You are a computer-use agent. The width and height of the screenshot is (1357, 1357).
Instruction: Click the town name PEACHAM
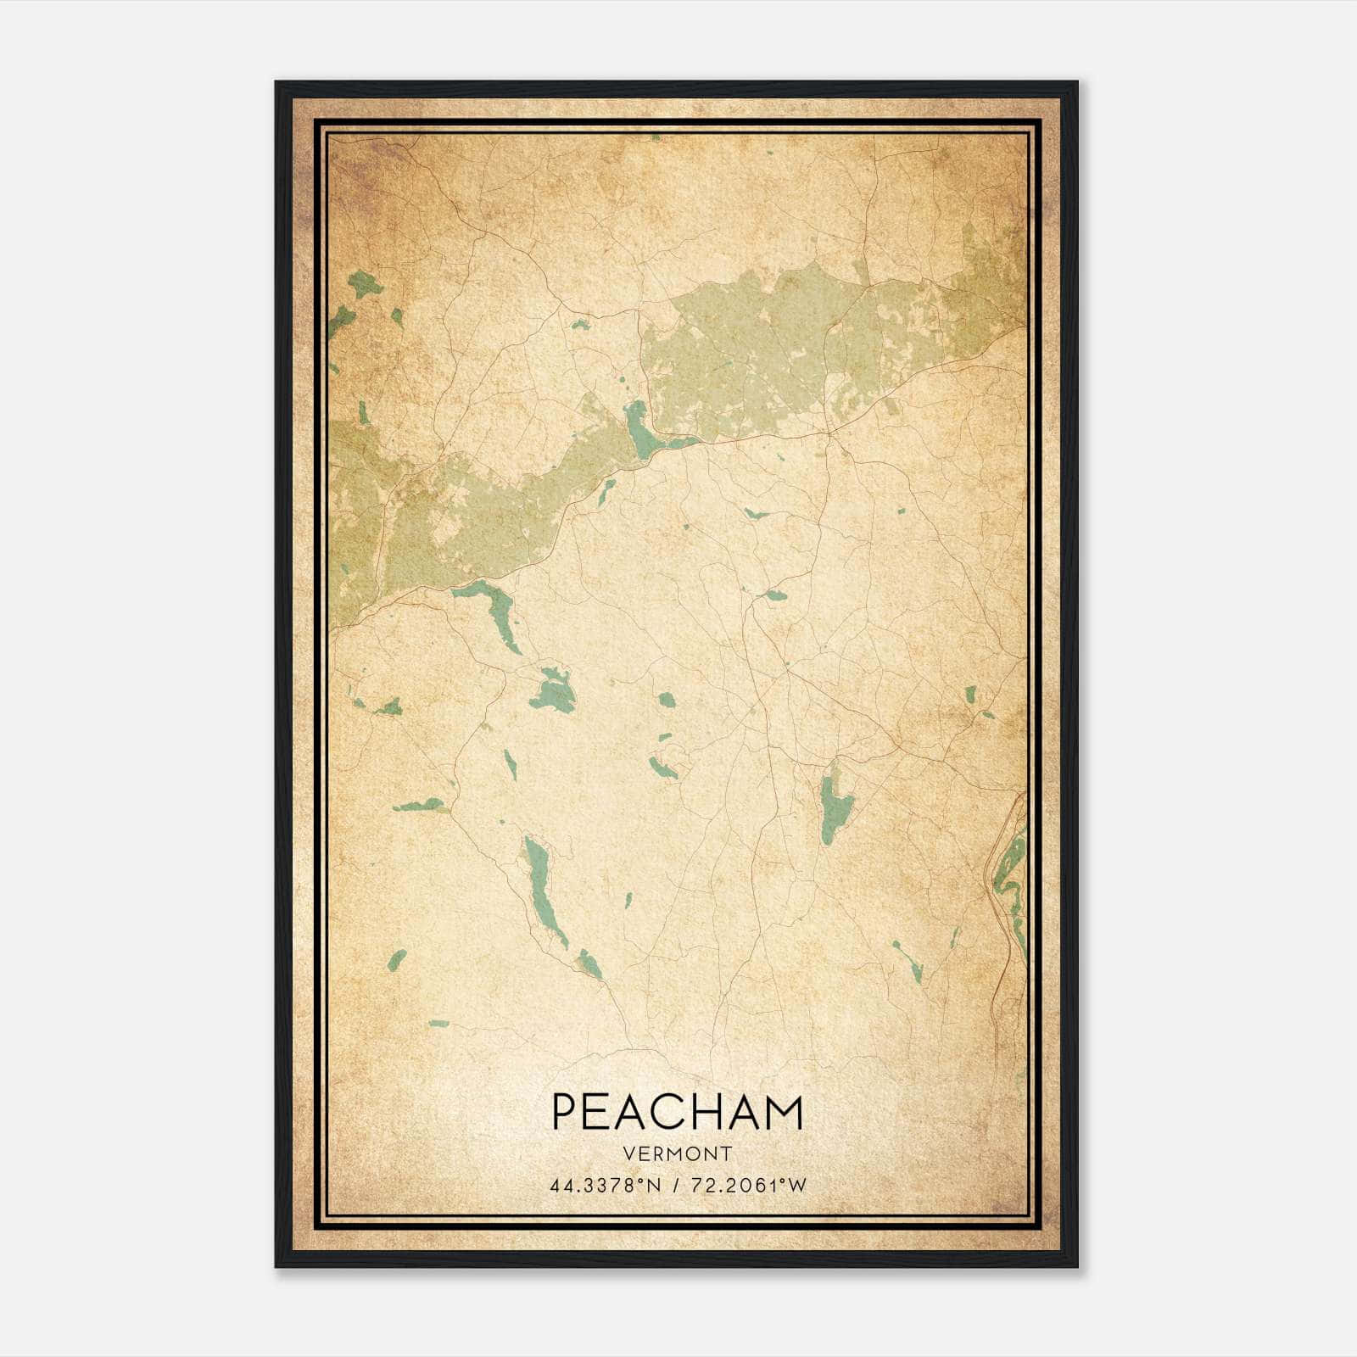pyautogui.click(x=677, y=1112)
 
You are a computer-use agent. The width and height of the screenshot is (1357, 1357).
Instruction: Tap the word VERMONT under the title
pyautogui.click(x=678, y=1154)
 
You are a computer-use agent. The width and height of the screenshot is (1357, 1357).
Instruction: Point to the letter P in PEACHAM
pyautogui.click(x=564, y=1112)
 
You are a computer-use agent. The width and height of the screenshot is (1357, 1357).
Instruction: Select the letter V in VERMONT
pyautogui.click(x=628, y=1154)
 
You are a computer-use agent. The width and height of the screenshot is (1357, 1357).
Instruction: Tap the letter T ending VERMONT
pyautogui.click(x=727, y=1154)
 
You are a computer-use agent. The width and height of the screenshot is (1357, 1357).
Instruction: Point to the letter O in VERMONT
pyautogui.click(x=694, y=1154)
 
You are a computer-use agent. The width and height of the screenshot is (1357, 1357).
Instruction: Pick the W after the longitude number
pyautogui.click(x=798, y=1186)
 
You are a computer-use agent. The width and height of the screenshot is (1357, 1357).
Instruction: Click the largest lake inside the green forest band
pyautogui.click(x=640, y=430)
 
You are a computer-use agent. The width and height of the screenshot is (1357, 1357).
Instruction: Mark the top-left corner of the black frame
pyautogui.click(x=276, y=82)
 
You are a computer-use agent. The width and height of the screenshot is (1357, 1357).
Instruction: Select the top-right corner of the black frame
pyautogui.click(x=1077, y=82)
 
